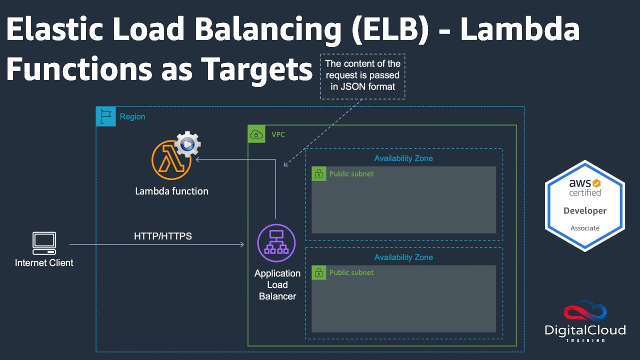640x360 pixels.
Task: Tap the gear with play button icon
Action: (187, 144)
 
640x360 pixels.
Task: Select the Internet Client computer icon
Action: (44, 241)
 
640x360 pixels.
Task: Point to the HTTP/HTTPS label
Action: (163, 236)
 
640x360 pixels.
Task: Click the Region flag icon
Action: (105, 116)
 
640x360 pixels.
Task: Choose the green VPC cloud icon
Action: (256, 134)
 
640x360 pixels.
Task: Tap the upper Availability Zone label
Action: (403, 158)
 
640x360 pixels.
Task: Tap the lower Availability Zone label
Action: (403, 257)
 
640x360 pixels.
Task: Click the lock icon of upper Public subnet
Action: (318, 174)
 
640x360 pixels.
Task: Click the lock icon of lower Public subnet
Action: (318, 272)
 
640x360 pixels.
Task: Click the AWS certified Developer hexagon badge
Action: (584, 205)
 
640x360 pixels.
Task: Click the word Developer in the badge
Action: (584, 211)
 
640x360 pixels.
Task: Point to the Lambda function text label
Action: (171, 191)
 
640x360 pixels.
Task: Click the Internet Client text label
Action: (44, 263)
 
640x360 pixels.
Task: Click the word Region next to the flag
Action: (132, 116)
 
